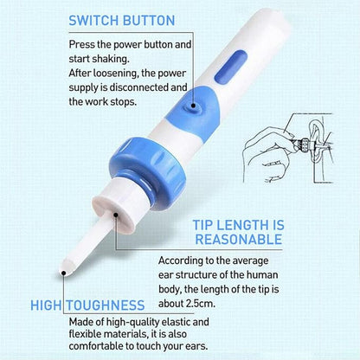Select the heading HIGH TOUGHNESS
coord(87,304)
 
